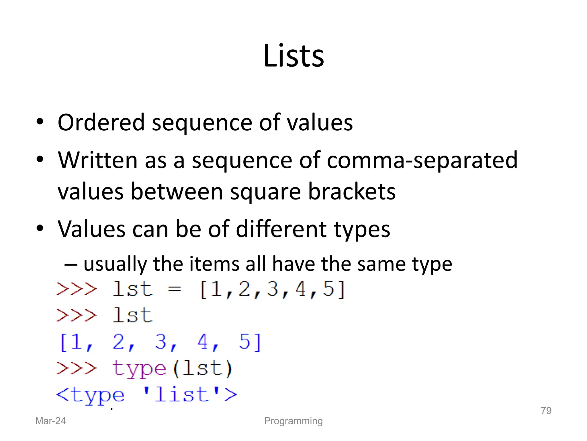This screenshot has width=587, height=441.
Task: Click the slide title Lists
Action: (x=293, y=56)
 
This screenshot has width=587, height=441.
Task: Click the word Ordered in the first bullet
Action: (x=101, y=123)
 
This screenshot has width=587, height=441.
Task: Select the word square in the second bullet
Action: (x=265, y=192)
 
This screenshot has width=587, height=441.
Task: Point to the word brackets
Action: (x=352, y=191)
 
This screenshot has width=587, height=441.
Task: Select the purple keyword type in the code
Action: (x=139, y=369)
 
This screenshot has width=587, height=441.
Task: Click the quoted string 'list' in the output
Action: (x=181, y=394)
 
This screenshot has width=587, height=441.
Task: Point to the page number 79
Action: (x=546, y=411)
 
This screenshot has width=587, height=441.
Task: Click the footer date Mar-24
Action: (x=50, y=421)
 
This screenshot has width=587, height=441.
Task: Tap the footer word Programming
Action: (x=293, y=421)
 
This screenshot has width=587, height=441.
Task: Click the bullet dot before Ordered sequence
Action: (x=40, y=122)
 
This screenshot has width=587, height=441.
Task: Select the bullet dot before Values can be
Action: (x=40, y=229)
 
